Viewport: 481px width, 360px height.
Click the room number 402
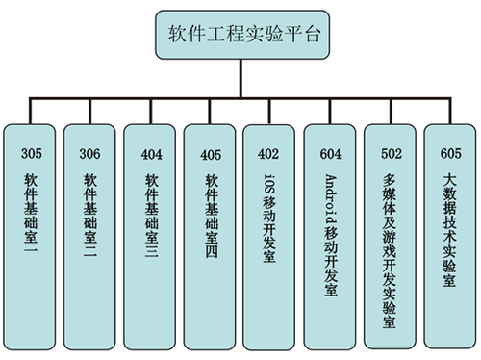269,152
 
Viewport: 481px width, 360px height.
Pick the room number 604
330,152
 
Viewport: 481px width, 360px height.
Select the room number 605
449,152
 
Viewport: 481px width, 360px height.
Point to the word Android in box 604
330,194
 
